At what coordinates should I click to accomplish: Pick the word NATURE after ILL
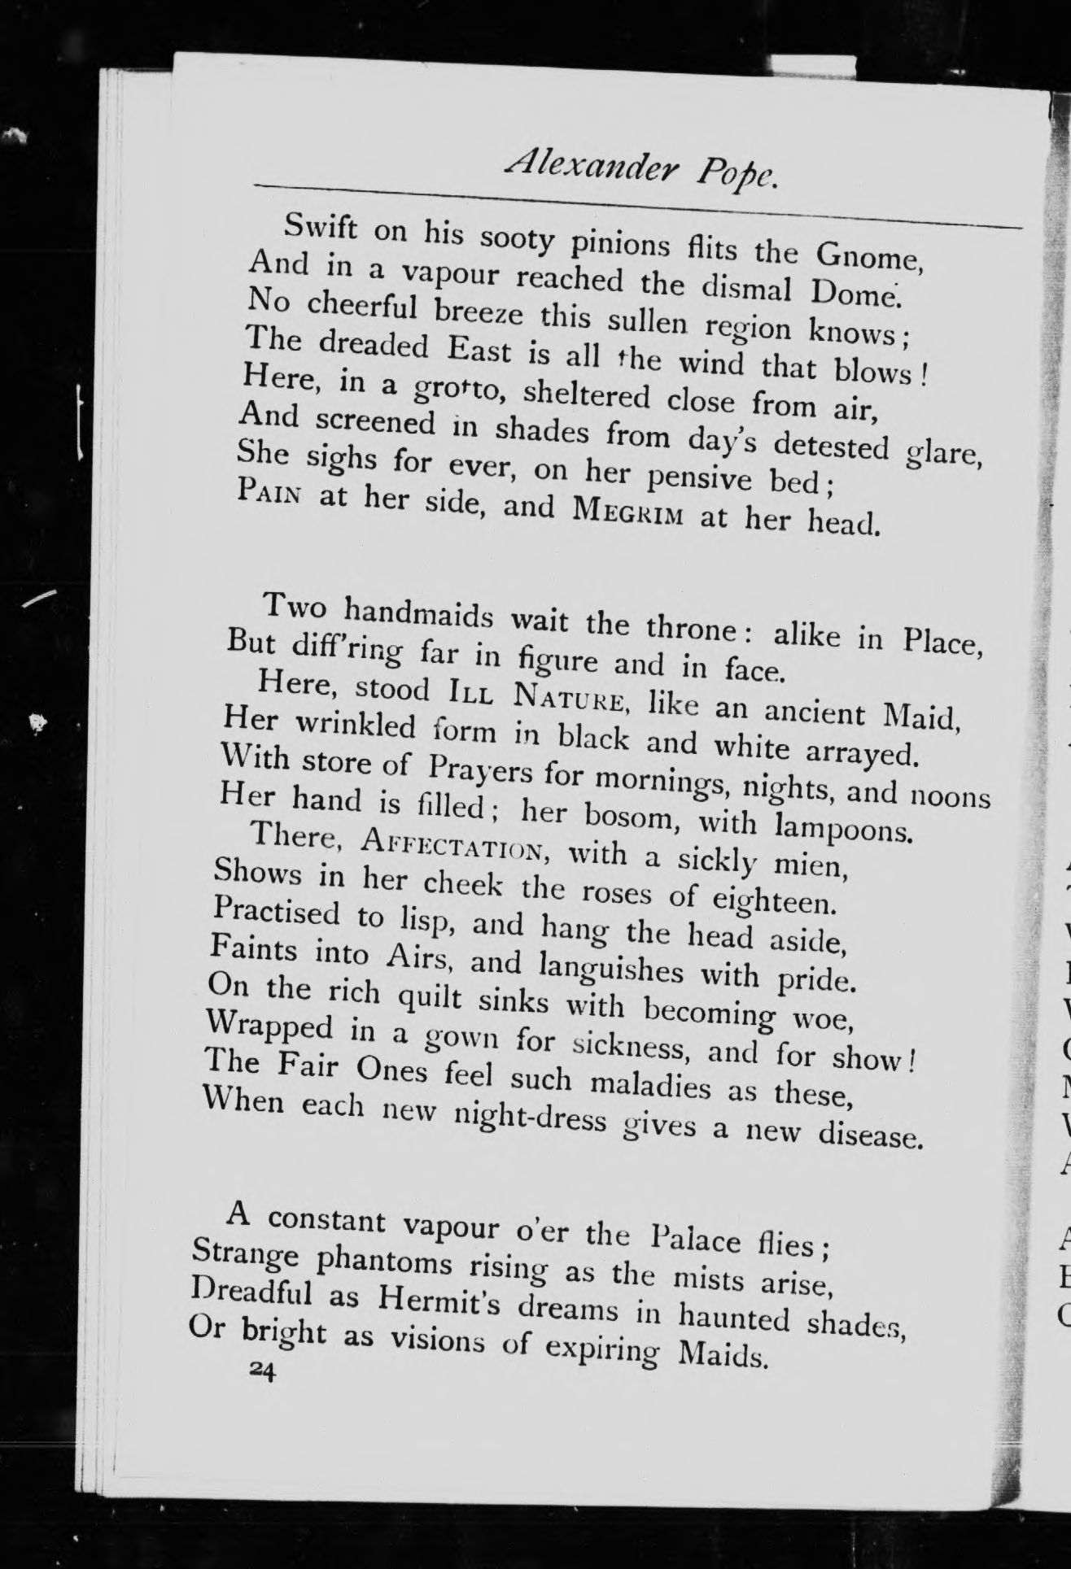click(570, 700)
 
